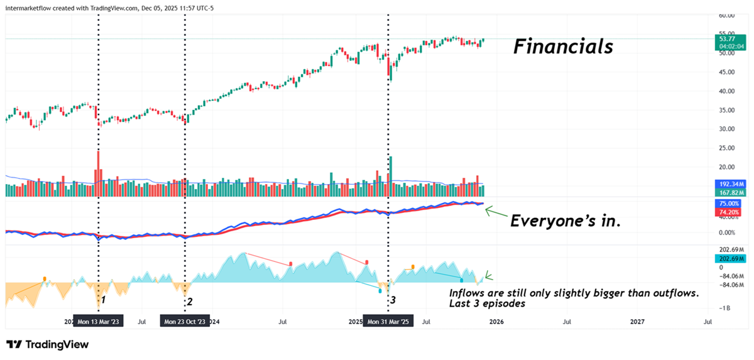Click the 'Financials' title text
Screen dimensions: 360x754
coord(563,46)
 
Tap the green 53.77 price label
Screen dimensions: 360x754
coord(728,39)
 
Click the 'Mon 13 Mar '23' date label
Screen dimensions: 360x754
coord(99,322)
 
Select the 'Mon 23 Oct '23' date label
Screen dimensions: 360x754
coord(185,322)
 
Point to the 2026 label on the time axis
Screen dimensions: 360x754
coord(496,322)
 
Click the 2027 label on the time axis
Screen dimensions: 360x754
coord(637,322)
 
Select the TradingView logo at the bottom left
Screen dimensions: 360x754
coord(47,344)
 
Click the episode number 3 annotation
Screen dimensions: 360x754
coord(393,300)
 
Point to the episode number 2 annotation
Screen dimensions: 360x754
coord(189,302)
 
